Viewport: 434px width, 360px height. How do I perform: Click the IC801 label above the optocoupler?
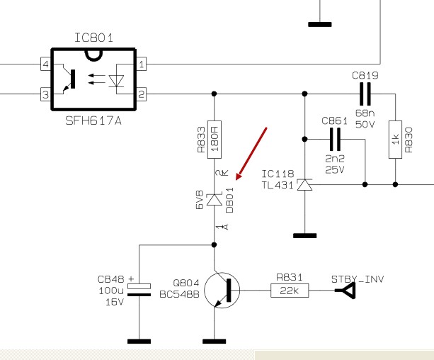click(94, 38)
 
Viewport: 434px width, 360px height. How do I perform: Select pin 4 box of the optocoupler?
click(46, 64)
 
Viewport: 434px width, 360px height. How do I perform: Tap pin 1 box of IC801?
click(142, 64)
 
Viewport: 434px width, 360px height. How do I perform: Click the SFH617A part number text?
click(93, 120)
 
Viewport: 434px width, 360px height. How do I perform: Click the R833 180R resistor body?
click(215, 140)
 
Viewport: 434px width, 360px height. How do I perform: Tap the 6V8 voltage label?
click(200, 200)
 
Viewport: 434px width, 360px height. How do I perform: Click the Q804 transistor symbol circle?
click(222, 290)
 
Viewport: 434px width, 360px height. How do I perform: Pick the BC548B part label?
click(179, 294)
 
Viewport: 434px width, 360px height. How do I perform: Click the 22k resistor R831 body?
click(290, 291)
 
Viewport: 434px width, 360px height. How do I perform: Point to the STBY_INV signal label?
click(358, 279)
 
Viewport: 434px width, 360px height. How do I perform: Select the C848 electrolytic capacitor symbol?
click(139, 290)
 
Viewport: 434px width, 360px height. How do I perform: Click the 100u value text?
click(111, 291)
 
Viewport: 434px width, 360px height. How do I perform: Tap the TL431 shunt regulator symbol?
click(304, 184)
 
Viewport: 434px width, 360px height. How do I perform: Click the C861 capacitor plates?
click(335, 139)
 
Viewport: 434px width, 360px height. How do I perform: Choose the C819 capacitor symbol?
click(365, 94)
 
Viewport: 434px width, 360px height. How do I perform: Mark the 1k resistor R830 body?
click(396, 140)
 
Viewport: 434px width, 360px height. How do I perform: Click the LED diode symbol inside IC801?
click(116, 81)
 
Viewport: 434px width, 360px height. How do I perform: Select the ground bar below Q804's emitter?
click(215, 342)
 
